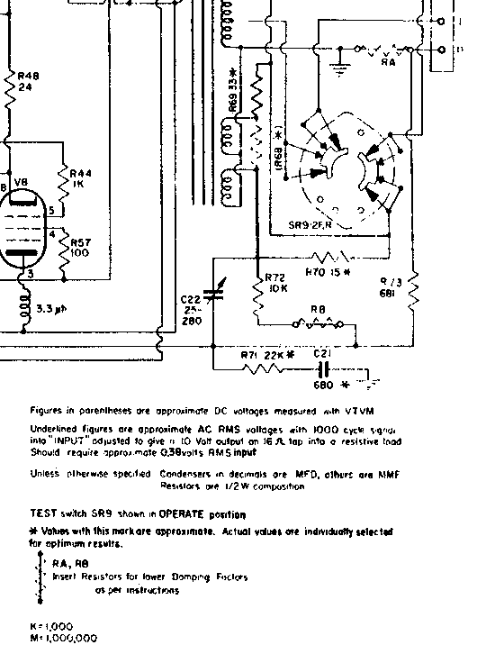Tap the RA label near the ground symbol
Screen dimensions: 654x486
(389, 62)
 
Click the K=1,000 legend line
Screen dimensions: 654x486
(52, 625)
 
